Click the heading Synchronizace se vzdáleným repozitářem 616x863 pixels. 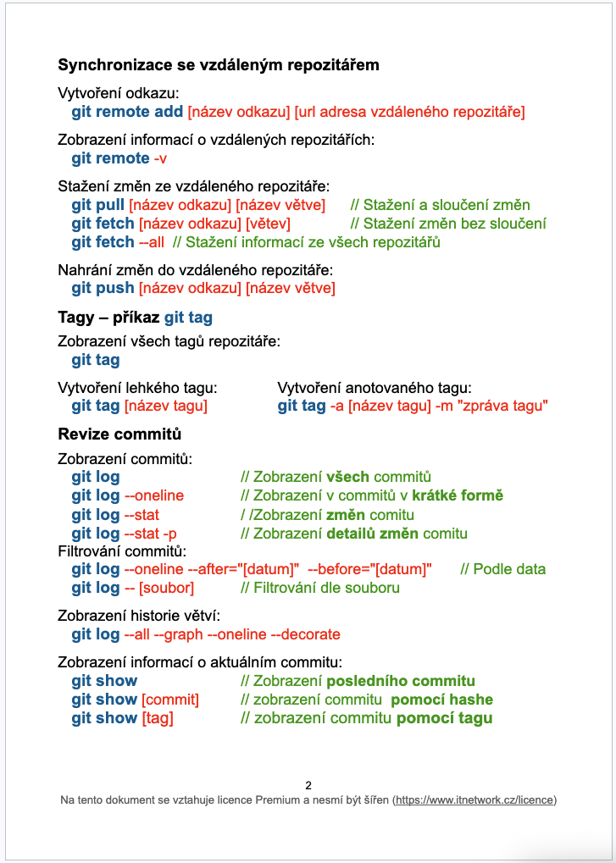pyautogui.click(x=218, y=65)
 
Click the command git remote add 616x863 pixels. pyautogui.click(x=127, y=112)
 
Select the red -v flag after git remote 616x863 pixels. pyautogui.click(x=160, y=159)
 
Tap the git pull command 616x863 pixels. pyautogui.click(x=98, y=205)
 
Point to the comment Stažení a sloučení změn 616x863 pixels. pyautogui.click(x=440, y=205)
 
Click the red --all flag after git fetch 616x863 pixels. pyautogui.click(x=152, y=242)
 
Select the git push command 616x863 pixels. pyautogui.click(x=103, y=289)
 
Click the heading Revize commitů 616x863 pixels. pyautogui.click(x=119, y=434)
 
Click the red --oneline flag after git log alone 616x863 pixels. pyautogui.click(x=153, y=496)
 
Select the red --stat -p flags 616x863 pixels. pyautogui.click(x=150, y=534)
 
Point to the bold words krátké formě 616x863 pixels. pyautogui.click(x=458, y=496)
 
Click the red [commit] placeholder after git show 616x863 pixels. pyautogui.click(x=170, y=700)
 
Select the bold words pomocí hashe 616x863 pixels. pyautogui.click(x=441, y=700)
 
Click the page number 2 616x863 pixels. pyautogui.click(x=308, y=785)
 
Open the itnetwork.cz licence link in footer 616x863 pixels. pyautogui.click(x=474, y=799)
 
